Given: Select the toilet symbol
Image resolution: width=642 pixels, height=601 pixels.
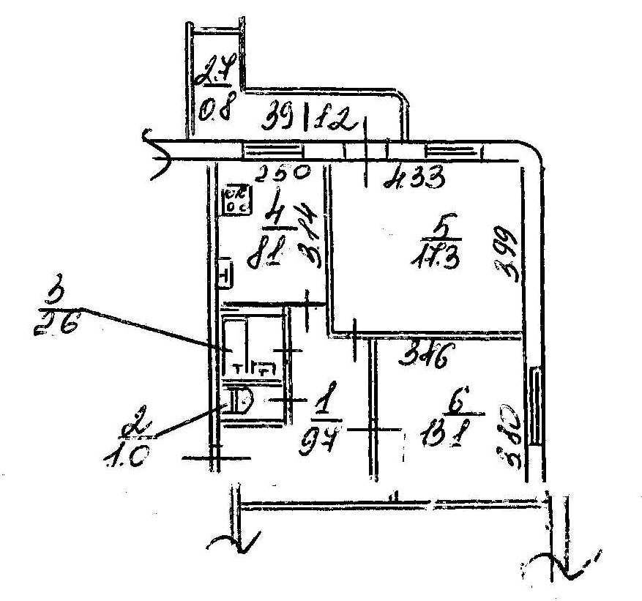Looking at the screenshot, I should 237,402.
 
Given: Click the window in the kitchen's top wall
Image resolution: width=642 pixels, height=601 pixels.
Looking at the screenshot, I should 272,151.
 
